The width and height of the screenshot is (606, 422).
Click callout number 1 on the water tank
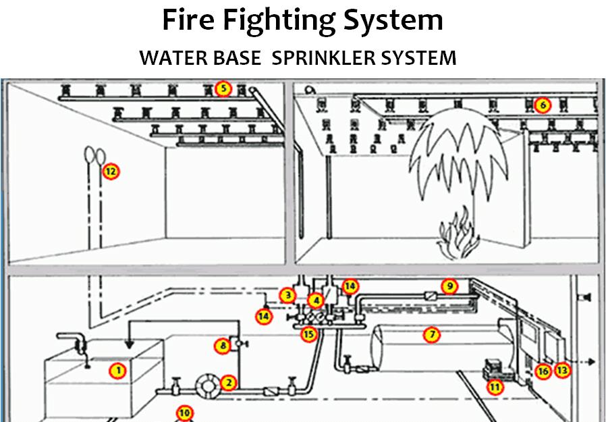118,369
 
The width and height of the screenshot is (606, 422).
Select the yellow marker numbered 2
229,383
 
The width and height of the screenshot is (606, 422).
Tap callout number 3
287,294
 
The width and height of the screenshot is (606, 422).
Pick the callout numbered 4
314,298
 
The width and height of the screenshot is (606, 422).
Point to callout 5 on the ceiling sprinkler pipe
225,88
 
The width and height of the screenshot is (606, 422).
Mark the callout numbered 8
222,346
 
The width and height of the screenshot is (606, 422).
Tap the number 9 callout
449,286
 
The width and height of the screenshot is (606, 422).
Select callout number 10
184,412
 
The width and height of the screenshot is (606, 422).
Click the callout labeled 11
495,387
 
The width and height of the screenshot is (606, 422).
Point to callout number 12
110,172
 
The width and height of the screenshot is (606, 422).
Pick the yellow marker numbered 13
561,369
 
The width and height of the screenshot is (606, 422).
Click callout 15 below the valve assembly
308,334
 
